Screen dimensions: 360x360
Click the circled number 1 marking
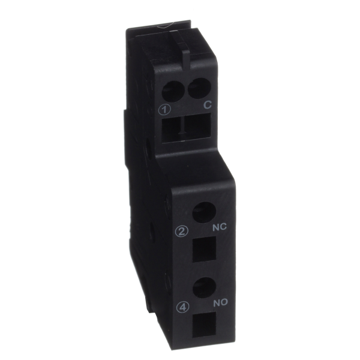164,110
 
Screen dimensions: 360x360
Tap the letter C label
207,105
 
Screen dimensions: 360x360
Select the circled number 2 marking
182,232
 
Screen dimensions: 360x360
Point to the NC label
219,227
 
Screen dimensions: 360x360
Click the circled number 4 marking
183,307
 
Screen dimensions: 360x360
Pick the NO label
220,303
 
